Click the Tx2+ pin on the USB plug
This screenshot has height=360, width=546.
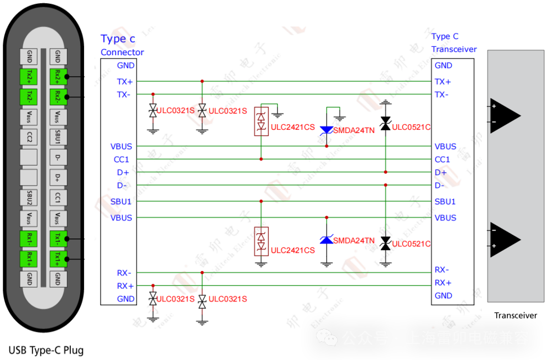point(29,76)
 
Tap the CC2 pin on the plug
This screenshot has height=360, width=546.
point(29,137)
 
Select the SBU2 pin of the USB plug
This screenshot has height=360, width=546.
point(29,197)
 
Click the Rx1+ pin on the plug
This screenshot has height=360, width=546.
point(29,258)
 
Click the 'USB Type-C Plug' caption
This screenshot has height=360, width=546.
point(46,350)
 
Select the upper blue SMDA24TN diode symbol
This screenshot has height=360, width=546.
point(327,130)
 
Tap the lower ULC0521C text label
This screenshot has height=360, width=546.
point(411,244)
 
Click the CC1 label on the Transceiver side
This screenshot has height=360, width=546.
point(442,160)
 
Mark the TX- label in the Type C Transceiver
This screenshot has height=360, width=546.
point(441,94)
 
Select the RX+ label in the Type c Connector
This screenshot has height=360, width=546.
point(125,286)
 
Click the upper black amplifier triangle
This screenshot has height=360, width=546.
point(505,115)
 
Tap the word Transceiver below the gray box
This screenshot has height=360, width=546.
point(516,315)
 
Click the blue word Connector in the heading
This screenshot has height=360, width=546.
point(122,52)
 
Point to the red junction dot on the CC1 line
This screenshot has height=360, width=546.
point(261,160)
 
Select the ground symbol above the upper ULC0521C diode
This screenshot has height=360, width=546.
point(386,103)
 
